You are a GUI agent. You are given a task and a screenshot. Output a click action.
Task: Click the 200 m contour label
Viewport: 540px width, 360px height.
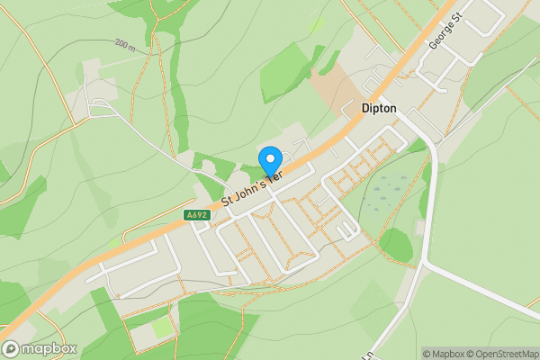click(x=126, y=43)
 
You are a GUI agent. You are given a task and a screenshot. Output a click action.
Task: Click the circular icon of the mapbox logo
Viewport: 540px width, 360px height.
click(x=12, y=348)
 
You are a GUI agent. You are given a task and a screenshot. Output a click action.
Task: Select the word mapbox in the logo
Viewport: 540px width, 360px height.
click(x=49, y=348)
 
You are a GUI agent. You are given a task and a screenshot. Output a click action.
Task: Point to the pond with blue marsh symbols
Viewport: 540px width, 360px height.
click(x=389, y=189)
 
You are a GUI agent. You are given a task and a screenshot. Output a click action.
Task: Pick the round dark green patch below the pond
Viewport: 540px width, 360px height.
click(x=396, y=244)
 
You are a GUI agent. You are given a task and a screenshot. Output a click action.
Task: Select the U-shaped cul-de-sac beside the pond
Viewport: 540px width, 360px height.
click(x=346, y=229)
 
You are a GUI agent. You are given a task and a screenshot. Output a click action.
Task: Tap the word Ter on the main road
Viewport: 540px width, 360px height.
click(x=274, y=176)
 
